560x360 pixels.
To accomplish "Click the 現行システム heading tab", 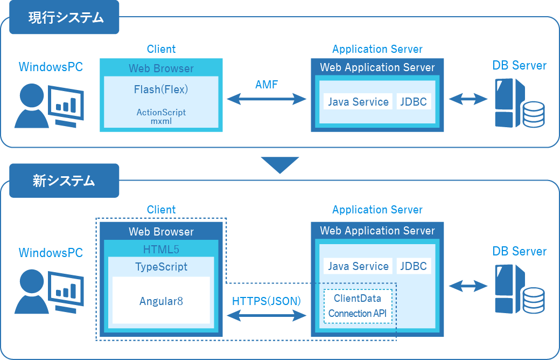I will (x=64, y=17).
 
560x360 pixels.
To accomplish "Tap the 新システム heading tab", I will (x=64, y=181).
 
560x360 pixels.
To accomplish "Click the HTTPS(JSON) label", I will (x=267, y=301).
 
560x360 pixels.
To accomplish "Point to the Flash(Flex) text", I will (x=161, y=89).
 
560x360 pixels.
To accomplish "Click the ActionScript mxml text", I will (x=161, y=117).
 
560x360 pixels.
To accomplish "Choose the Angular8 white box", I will (x=161, y=301).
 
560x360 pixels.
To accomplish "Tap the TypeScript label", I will (x=161, y=267).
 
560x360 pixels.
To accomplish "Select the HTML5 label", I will (x=161, y=249).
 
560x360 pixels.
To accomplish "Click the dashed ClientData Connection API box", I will (x=358, y=306).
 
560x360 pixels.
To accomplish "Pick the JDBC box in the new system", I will (x=414, y=266).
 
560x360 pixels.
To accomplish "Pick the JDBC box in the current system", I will (x=414, y=101).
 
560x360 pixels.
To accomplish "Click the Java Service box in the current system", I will (x=358, y=101).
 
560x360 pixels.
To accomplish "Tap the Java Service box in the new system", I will (x=358, y=266).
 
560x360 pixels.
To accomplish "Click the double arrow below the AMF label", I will (x=267, y=99).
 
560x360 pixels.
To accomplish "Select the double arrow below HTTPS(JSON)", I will (x=267, y=316).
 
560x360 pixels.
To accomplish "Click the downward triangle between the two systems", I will (x=279, y=165).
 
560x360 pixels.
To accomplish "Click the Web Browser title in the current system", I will (x=161, y=68).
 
